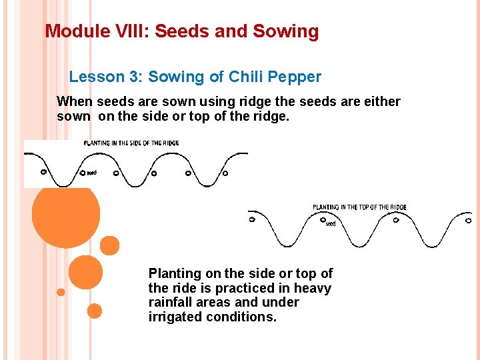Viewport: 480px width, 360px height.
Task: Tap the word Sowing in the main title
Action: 286,31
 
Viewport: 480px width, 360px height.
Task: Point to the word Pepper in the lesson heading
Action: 297,77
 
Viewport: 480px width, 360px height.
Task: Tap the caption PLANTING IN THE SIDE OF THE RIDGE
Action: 131,143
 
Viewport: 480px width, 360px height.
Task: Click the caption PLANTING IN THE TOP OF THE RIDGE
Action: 359,207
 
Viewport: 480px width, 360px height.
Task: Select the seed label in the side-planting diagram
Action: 92,173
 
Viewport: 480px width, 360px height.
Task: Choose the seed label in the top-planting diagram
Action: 330,224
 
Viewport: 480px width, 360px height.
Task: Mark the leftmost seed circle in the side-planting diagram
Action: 44,171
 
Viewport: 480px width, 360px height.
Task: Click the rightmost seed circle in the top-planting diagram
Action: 469,220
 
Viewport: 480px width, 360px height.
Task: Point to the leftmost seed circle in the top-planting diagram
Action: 252,219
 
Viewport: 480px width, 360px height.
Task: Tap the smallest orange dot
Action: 61,292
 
